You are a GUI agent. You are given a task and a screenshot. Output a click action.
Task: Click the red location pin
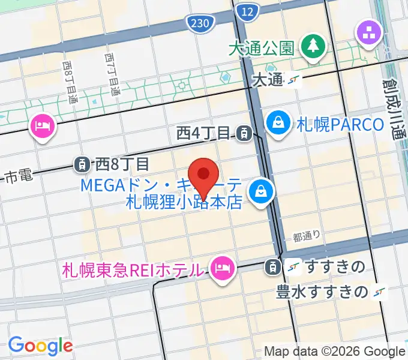(x=203, y=176)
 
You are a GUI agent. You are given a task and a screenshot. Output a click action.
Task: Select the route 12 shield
(x=245, y=11)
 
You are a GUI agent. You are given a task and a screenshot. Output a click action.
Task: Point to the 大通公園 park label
(x=260, y=48)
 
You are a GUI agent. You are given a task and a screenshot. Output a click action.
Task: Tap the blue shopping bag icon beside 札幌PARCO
(x=279, y=123)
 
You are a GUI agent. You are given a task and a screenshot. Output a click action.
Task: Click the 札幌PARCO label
(x=340, y=125)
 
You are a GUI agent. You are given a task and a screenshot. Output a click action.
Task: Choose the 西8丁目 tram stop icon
(x=82, y=163)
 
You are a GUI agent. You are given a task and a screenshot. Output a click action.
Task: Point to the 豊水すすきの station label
(x=321, y=292)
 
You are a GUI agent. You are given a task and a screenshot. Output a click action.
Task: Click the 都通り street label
(x=307, y=236)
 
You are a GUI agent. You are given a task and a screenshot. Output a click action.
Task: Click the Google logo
(x=40, y=346)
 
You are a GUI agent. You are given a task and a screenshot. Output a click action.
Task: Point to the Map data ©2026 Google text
(x=335, y=351)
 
